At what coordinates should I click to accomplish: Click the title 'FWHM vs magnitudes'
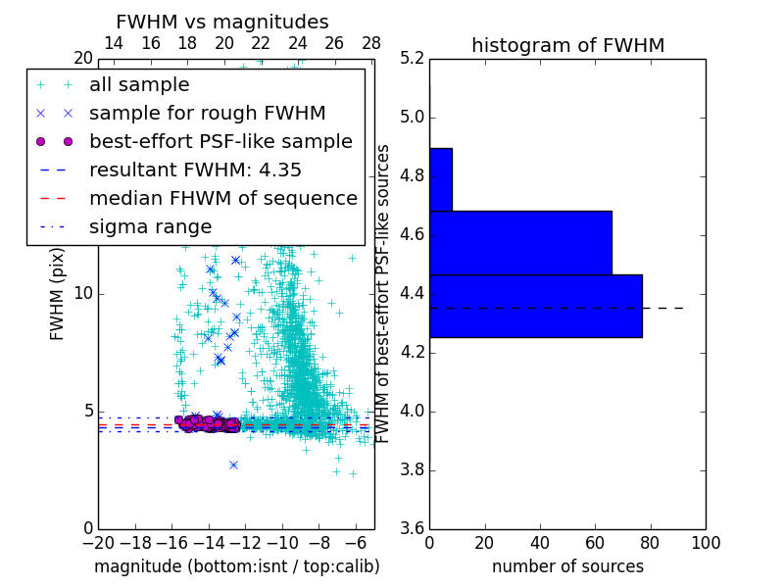click(221, 22)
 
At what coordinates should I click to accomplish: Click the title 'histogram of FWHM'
click(567, 45)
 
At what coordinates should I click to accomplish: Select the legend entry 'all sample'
click(139, 85)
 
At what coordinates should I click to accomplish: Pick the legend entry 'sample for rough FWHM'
click(207, 113)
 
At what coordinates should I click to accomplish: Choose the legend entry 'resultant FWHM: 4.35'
click(195, 170)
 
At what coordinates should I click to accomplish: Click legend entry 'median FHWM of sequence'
click(222, 198)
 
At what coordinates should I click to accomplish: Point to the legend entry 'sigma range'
click(150, 226)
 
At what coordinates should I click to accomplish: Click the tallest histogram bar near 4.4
click(535, 306)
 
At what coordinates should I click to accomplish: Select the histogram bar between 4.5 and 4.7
click(520, 242)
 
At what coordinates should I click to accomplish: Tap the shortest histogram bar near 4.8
click(440, 179)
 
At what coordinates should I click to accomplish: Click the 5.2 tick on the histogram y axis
click(412, 59)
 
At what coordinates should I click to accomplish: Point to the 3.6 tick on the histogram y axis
click(412, 528)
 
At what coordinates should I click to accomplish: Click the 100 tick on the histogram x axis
click(706, 542)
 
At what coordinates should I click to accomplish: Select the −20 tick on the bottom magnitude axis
click(98, 542)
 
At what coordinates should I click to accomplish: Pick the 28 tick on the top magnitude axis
click(371, 43)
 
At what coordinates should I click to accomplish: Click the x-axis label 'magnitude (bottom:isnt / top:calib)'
click(236, 566)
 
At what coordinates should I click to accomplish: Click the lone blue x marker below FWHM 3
click(233, 465)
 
